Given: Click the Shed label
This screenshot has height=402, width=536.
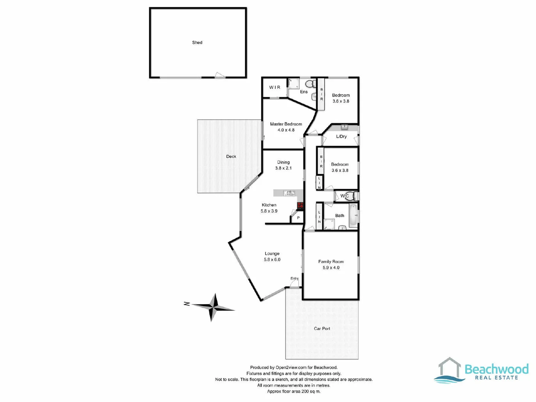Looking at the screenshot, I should tap(197, 42).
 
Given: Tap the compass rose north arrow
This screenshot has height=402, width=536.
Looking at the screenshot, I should tap(213, 307).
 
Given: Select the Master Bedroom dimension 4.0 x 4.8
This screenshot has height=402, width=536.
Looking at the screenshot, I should tap(286, 130).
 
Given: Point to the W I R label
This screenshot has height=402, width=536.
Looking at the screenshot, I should tap(275, 87).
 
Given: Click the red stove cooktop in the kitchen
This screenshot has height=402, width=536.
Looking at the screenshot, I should tap(300, 205).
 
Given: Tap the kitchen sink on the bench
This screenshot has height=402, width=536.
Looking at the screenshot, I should tap(289, 193).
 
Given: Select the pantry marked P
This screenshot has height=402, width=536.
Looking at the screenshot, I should tap(298, 218).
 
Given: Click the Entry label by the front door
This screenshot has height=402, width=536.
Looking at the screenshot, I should tap(294, 278).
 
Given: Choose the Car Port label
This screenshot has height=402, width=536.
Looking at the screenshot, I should tap(322, 329).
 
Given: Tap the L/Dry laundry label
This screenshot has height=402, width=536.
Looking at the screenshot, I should tap(341, 137).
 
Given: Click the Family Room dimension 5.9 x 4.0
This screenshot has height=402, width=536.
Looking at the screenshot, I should tap(331, 268).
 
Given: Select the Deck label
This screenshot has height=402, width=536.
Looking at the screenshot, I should tap(231, 157).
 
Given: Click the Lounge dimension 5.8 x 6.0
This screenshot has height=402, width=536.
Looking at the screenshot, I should tap(272, 260).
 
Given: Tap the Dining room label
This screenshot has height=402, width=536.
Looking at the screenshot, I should tap(283, 162).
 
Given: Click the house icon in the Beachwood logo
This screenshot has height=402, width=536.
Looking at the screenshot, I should tap(449, 368).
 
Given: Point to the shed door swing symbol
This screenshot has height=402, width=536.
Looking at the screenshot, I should tap(220, 75).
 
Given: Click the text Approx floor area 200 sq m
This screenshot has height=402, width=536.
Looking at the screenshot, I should tap(294, 392).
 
